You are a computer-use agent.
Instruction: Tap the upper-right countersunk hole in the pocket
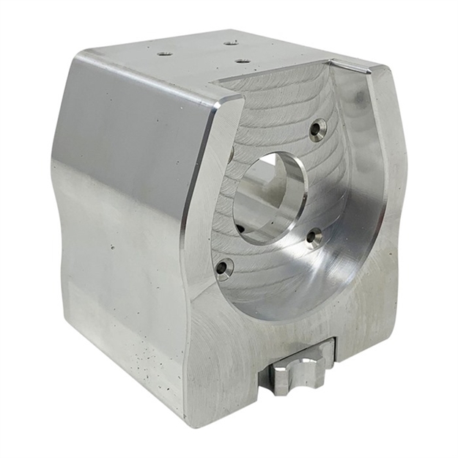tap(317, 130)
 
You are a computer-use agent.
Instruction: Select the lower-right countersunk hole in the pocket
tap(314, 237)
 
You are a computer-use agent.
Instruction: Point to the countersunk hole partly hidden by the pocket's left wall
tap(232, 154)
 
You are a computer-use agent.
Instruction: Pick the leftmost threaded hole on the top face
tap(163, 53)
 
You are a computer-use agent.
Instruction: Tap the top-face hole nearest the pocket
tap(243, 61)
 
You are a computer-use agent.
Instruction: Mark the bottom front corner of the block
tap(192, 424)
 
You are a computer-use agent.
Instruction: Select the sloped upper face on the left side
tap(132, 117)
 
